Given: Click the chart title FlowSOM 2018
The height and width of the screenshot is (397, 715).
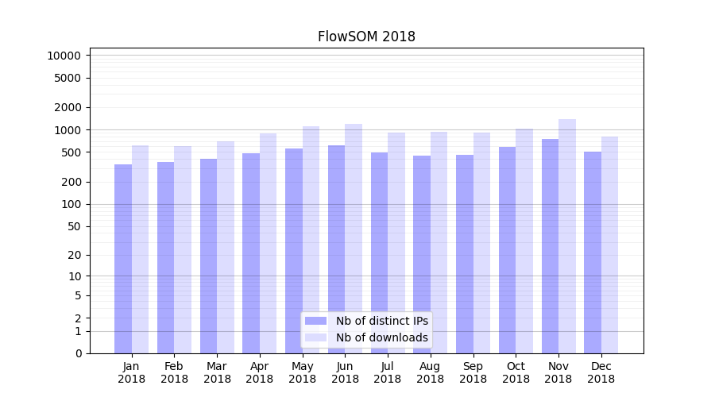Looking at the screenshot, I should coord(366,37).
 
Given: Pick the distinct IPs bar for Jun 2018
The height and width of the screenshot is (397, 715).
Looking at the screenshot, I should coord(336,249).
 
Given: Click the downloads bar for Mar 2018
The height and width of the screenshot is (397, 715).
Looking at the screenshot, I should coord(226,247).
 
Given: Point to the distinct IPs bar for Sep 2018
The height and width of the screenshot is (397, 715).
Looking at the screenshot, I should coord(465,254).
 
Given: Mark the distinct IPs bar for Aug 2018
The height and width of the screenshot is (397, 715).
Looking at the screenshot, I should coord(422,254).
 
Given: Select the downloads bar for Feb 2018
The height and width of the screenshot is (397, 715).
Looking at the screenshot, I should coord(183,249).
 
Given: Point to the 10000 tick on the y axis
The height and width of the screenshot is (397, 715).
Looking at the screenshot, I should coord(64,56).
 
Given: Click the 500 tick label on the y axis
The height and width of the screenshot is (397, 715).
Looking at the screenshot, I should coord(71,152).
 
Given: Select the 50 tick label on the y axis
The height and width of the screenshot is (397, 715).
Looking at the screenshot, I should coord(75,226).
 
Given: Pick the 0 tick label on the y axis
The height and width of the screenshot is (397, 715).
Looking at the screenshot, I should coord(78,353).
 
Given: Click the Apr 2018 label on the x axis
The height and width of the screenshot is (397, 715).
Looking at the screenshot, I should coord(260,372).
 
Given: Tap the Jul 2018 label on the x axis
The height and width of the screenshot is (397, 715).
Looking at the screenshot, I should coord(388,372).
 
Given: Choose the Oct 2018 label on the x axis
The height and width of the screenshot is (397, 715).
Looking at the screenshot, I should coord(516,372).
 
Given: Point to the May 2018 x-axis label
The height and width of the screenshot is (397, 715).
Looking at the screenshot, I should coord(303,372).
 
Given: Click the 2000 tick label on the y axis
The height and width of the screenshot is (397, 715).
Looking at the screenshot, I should coord(68,107).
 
